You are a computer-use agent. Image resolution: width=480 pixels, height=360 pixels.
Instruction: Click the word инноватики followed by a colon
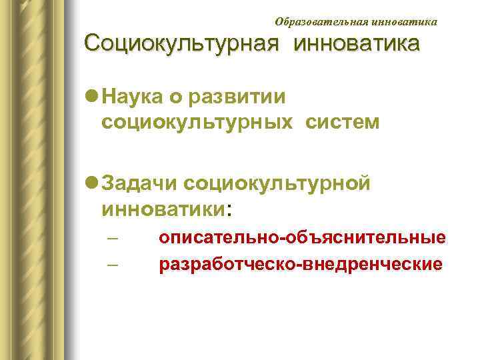(x=164, y=208)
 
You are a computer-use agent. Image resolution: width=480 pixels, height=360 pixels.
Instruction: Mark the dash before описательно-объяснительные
(x=112, y=239)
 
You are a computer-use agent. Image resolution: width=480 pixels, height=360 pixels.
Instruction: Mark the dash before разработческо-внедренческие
(x=112, y=265)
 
